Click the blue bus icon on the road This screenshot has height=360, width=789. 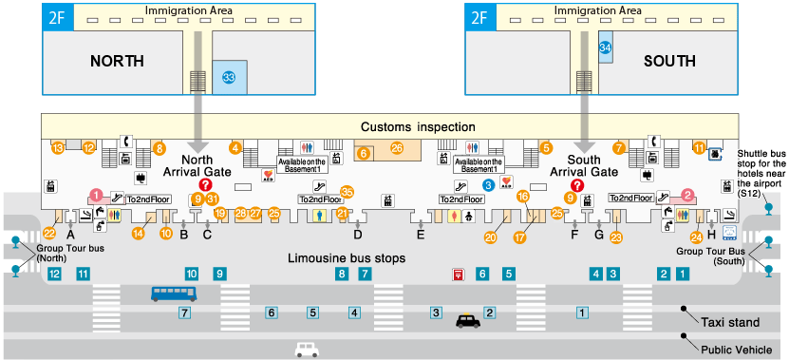(174, 294)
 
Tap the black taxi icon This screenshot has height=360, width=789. (469, 321)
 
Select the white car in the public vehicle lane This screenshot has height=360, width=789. (306, 350)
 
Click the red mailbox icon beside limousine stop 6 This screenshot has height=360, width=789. (458, 275)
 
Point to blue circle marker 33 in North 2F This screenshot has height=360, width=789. (228, 77)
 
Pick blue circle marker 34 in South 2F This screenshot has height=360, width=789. (605, 47)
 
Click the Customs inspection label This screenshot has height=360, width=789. (418, 127)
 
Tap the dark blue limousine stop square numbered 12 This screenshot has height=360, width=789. (54, 275)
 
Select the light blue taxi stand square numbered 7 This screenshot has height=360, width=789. (185, 312)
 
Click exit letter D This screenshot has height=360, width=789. (358, 234)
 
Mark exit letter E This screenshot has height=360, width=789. (421, 234)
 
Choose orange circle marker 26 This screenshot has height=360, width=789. (397, 148)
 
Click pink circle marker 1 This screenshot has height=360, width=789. (95, 195)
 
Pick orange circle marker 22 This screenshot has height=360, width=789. (49, 232)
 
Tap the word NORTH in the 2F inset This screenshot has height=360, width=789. (117, 61)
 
